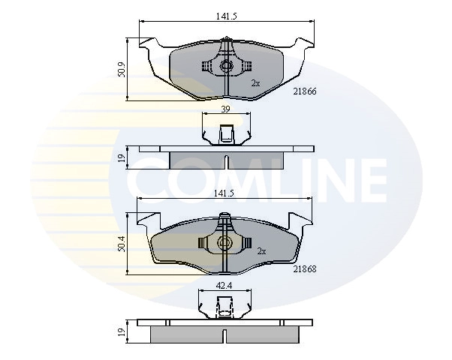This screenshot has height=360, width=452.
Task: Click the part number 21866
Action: click(x=305, y=91)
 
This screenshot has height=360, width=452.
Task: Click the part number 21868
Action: click(x=305, y=269)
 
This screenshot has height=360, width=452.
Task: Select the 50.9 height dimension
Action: click(x=122, y=70)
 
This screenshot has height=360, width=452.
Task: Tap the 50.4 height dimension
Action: click(x=122, y=244)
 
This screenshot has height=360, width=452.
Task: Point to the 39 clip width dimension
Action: click(x=225, y=109)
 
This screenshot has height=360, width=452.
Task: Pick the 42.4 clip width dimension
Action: click(x=224, y=286)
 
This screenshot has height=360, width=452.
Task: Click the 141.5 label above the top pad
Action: click(x=226, y=16)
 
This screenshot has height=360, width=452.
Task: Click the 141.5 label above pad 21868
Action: click(x=224, y=193)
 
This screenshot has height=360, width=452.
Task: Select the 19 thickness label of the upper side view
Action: click(x=122, y=157)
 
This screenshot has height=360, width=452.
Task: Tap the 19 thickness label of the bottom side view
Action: click(x=122, y=331)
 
